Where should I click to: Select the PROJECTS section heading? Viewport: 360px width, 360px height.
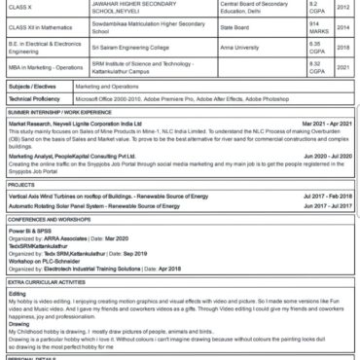[x=21, y=185]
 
